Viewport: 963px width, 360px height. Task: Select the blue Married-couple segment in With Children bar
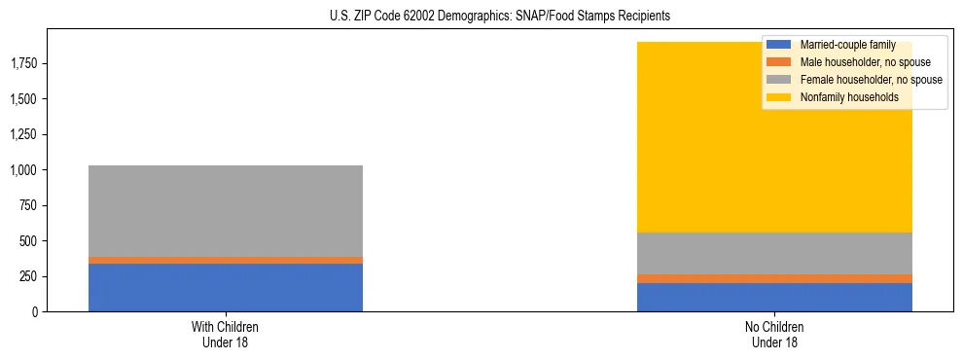[225, 287]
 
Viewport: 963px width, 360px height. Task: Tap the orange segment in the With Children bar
[225, 260]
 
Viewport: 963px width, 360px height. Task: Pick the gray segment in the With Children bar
[225, 210]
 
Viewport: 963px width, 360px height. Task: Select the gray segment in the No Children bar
[774, 253]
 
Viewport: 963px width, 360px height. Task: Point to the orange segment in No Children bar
[774, 278]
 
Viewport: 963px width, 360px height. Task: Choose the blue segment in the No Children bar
[774, 297]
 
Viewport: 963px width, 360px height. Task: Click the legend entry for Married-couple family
[846, 45]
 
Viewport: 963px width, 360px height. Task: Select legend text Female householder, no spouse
[869, 80]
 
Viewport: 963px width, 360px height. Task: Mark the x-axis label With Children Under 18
[226, 334]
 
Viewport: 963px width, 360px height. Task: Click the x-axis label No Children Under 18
[774, 334]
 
